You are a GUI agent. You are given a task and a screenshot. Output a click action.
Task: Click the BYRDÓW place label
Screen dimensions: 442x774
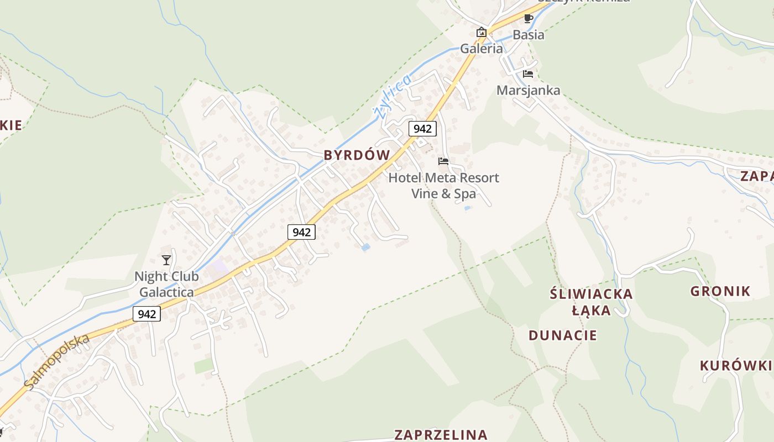tap(357, 155)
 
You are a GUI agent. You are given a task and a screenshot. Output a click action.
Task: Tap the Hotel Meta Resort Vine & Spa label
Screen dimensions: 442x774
tap(443, 186)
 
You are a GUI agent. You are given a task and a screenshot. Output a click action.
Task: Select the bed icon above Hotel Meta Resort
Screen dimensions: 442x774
tap(443, 161)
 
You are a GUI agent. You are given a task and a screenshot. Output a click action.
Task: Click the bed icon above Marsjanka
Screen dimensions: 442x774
tap(528, 74)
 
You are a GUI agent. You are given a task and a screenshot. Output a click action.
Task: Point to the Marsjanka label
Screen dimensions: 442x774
tap(528, 90)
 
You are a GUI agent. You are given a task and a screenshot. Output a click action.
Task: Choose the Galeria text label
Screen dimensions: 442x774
tap(482, 49)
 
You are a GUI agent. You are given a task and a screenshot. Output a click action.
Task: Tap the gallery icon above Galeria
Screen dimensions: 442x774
tap(482, 32)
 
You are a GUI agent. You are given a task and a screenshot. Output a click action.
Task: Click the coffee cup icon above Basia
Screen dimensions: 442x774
tap(529, 18)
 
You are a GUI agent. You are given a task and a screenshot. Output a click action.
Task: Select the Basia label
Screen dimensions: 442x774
tap(529, 35)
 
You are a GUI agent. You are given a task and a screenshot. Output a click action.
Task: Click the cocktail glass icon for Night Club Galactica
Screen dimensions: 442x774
tap(166, 260)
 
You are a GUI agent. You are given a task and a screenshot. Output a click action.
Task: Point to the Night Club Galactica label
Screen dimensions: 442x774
tap(166, 284)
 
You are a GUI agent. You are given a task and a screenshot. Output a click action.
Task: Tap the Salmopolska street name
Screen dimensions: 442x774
tap(57, 362)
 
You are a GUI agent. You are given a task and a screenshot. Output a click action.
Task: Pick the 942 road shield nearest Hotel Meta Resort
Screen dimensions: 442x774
tap(422, 129)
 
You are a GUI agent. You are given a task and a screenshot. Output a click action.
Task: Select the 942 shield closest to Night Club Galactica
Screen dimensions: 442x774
tap(147, 314)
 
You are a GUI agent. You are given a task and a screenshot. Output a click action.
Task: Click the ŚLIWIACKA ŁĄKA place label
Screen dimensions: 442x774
tap(591, 302)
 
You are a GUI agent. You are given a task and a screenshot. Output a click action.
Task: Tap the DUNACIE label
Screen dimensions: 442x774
tap(563, 335)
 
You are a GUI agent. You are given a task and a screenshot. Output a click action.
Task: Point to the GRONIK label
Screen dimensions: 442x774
tap(720, 291)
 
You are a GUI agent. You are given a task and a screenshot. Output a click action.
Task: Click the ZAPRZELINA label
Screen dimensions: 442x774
tap(441, 435)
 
